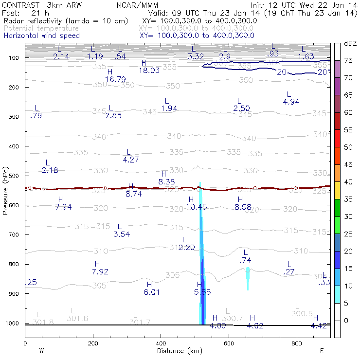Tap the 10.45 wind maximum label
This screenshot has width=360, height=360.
click(197, 207)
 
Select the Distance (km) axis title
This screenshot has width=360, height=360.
click(177, 351)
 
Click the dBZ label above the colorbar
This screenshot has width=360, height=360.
click(350, 44)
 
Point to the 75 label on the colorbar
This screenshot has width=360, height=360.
click(348, 61)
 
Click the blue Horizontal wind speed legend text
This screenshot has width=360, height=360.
click(41, 36)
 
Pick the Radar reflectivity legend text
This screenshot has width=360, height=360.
click(66, 21)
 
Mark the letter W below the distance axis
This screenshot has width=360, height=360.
click(42, 351)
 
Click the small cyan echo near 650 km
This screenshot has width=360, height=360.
click(248, 278)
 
